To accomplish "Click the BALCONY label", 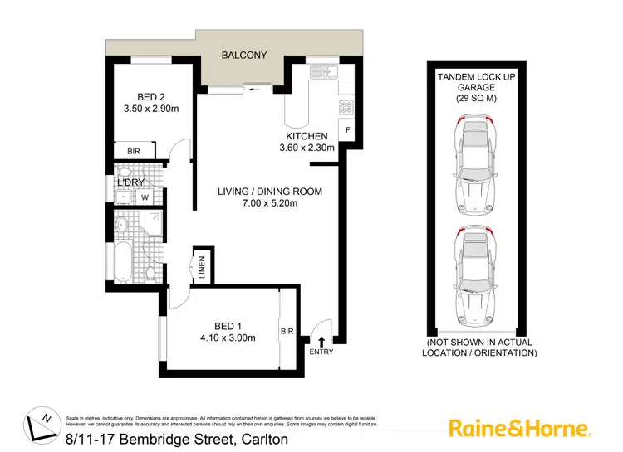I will [x=243, y=56].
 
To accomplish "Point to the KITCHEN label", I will [x=307, y=136].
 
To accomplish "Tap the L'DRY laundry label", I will [x=130, y=182].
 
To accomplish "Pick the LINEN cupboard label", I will [x=201, y=266].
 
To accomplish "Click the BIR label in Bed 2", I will [x=134, y=152].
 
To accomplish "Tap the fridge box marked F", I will [x=347, y=131].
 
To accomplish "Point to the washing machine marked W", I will [x=144, y=197].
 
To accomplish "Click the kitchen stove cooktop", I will [x=346, y=107].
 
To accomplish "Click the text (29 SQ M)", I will [x=474, y=99].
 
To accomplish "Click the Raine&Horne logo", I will [x=520, y=428].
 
